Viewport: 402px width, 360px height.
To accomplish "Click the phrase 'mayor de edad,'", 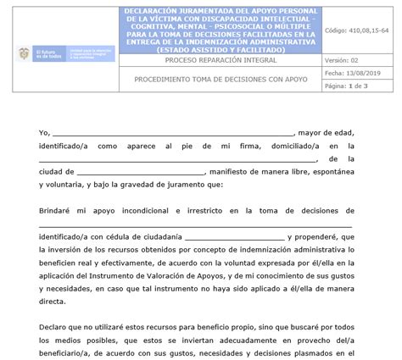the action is point(332,133).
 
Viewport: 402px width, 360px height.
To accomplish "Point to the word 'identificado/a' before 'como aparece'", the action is point(65,146).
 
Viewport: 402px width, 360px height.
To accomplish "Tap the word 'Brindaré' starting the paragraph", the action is point(58,209).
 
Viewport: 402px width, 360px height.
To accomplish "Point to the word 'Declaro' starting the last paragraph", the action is point(56,326).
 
